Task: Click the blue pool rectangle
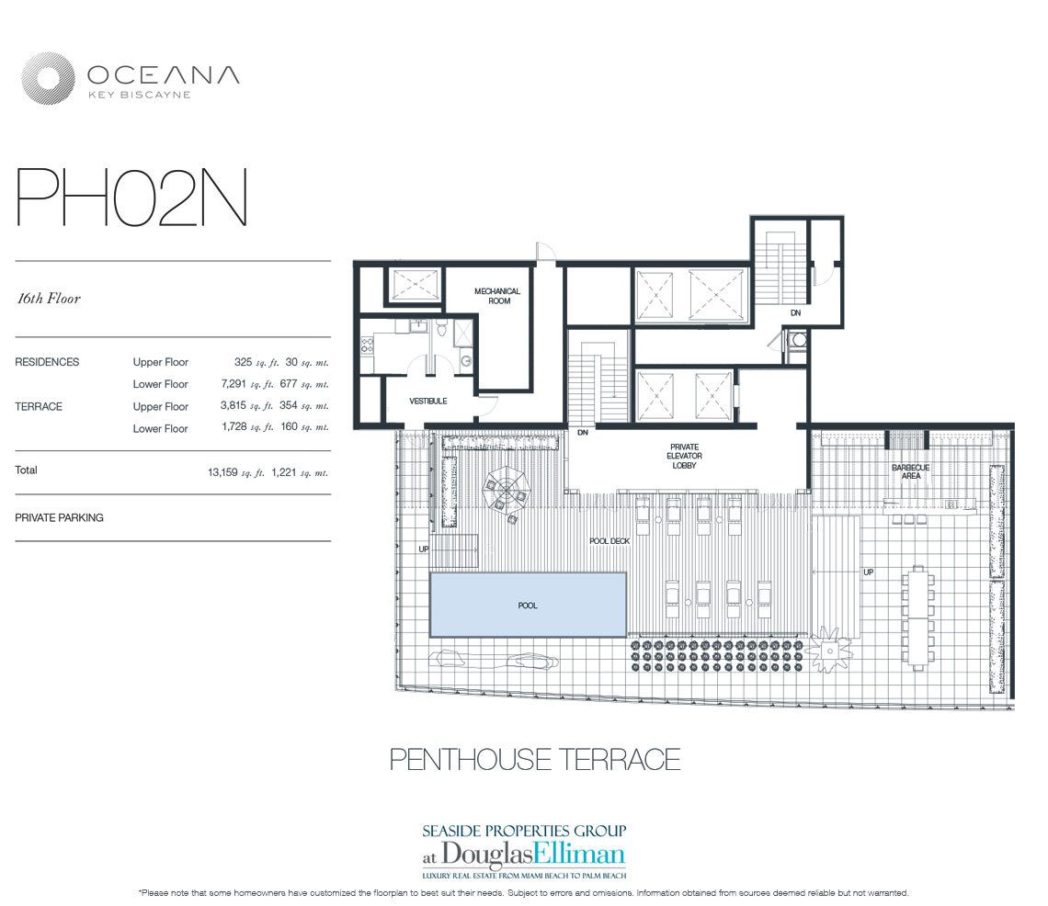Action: point(528,605)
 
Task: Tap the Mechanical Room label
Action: point(497,296)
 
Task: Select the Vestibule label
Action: point(427,401)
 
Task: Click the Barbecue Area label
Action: point(910,472)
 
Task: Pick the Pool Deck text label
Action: point(609,541)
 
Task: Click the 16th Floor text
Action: point(48,299)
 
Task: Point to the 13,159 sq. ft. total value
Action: point(236,472)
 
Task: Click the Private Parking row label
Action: point(59,517)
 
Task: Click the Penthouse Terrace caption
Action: point(534,759)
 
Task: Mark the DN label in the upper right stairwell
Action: point(795,312)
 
